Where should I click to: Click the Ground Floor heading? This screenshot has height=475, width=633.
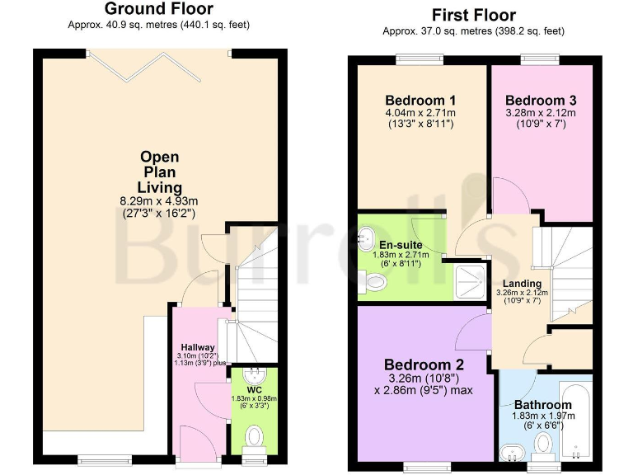click(x=159, y=9)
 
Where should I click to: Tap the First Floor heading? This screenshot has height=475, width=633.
click(x=473, y=15)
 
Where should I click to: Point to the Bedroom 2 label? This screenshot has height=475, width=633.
click(x=424, y=364)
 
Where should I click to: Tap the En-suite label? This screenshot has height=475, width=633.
click(x=396, y=245)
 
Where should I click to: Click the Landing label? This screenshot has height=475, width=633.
click(x=522, y=284)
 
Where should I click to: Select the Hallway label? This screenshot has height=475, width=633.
click(x=198, y=347)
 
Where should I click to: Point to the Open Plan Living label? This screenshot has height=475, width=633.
click(x=159, y=172)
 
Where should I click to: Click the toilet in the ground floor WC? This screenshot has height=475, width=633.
click(x=255, y=434)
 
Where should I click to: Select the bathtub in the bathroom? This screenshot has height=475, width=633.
click(x=575, y=421)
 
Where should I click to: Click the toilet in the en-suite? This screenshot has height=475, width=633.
click(x=374, y=283)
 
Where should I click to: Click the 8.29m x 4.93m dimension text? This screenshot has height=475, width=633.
click(x=159, y=200)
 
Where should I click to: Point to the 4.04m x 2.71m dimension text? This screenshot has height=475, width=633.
click(x=422, y=113)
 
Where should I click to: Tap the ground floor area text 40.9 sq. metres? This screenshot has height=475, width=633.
click(x=159, y=25)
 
